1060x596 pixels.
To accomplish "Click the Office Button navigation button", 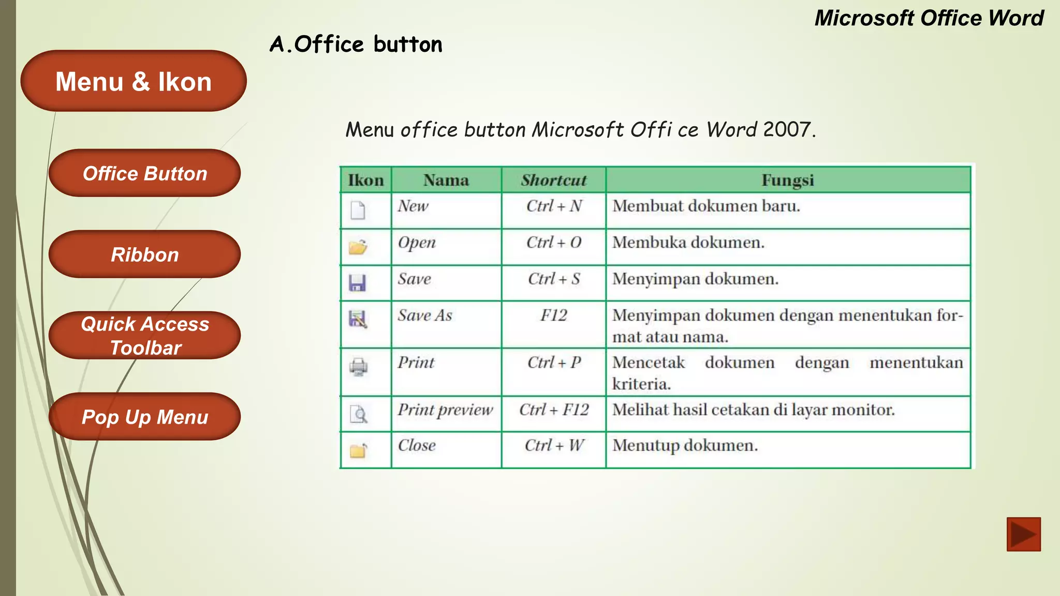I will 144,173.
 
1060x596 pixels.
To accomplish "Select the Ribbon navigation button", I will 144,255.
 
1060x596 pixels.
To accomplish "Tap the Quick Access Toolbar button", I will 144,335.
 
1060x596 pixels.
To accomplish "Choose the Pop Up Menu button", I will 144,416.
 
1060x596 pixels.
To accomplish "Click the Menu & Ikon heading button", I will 134,81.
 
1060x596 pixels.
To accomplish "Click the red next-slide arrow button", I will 1023,534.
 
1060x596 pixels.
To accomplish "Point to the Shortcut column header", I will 553,180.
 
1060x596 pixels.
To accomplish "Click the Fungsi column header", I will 787,180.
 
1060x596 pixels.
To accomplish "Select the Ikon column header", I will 365,180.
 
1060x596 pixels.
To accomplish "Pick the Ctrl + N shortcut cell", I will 554,206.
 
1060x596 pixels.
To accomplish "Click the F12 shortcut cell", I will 554,316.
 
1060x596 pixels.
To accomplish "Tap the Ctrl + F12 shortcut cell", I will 554,410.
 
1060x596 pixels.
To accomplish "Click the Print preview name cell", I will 445,410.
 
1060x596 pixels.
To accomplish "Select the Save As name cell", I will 425,316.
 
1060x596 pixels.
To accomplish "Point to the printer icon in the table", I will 358,367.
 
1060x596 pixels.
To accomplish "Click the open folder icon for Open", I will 358,247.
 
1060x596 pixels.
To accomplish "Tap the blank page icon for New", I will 358,210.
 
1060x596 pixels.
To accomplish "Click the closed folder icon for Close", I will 358,451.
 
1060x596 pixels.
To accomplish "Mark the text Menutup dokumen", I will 685,445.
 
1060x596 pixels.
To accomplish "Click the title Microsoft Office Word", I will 929,18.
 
